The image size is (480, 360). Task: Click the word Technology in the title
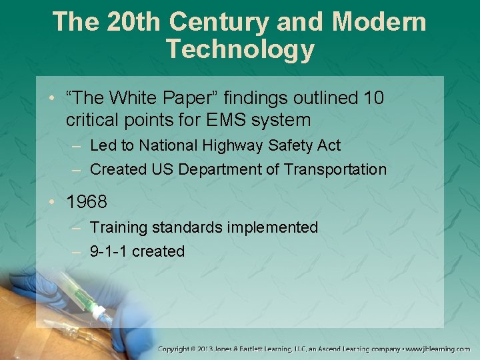tap(240, 49)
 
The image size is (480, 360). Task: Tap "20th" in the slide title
tap(132, 21)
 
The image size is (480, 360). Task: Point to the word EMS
tap(220, 120)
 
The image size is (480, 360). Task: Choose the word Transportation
tap(335, 169)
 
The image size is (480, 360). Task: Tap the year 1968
tap(87, 201)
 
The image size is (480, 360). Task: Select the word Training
tap(119, 227)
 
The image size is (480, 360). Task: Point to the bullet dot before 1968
tap(55, 201)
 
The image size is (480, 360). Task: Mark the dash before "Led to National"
tap(77, 145)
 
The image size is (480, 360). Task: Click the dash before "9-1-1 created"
tap(77, 251)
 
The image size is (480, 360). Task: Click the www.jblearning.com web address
tap(439, 349)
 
